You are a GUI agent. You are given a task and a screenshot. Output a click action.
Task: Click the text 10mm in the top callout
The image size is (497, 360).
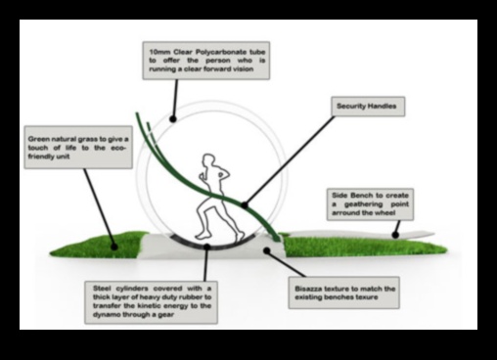pos(156,46)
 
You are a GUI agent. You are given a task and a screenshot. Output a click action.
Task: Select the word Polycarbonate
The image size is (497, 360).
pos(212,46)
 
